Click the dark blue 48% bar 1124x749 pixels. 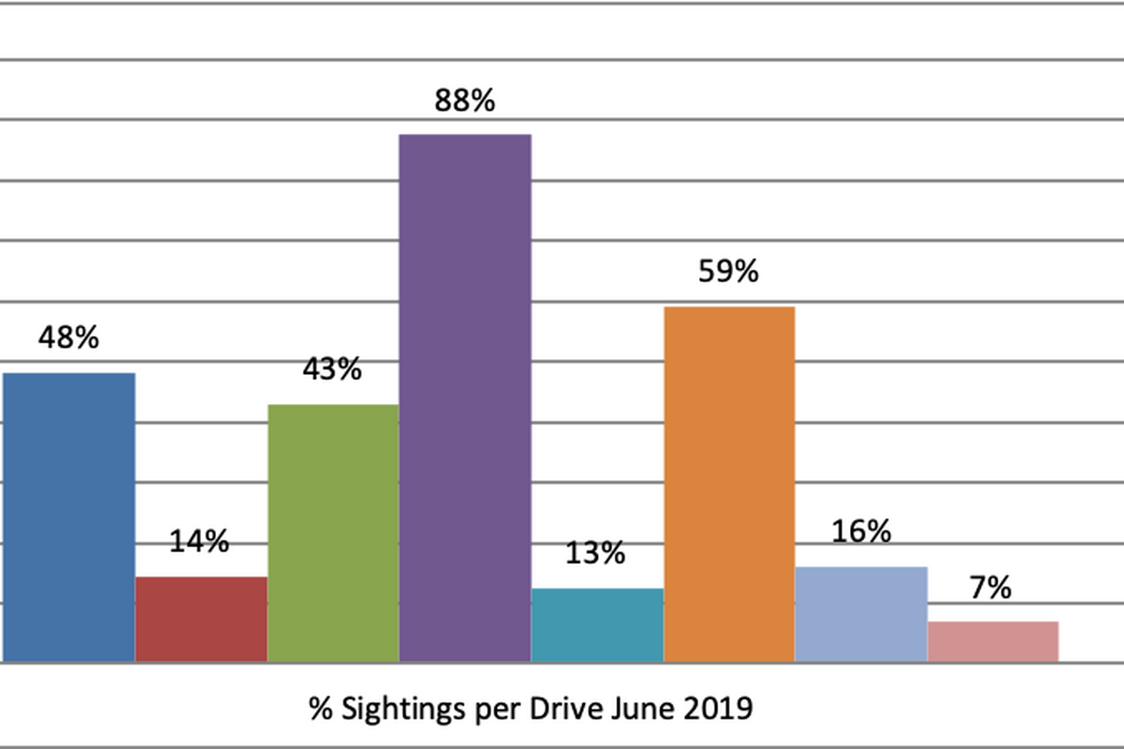coord(68,517)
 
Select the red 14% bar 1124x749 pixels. coord(201,619)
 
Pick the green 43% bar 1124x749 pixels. coord(333,533)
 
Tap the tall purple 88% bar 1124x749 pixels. coord(465,398)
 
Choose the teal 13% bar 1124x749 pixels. coord(597,624)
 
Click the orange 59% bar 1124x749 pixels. coord(730,484)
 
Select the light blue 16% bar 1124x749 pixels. coord(861,614)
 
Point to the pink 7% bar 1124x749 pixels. coord(993,641)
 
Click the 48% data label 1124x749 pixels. coord(68,338)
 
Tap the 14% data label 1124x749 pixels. coord(199,542)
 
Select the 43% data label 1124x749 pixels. coord(332,370)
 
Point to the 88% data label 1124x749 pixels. coord(465,101)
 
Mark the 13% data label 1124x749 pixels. coord(595,553)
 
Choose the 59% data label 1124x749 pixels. coord(728,271)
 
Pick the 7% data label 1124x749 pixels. coord(991,587)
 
